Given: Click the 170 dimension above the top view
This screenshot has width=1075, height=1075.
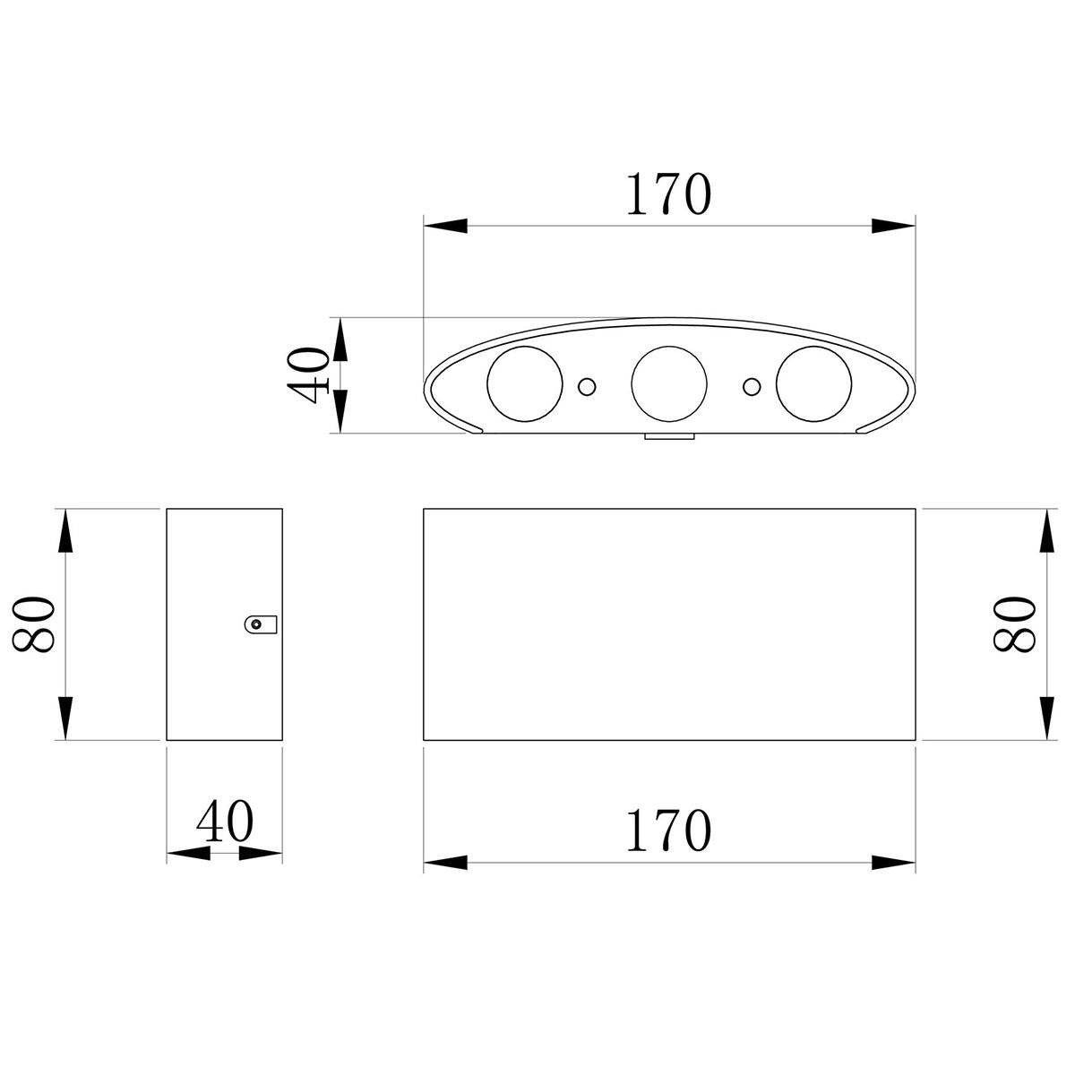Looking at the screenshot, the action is coord(669,193).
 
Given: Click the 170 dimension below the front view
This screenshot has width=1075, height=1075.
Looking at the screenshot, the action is coord(669,830).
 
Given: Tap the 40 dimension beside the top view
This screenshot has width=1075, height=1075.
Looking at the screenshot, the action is coord(307,374).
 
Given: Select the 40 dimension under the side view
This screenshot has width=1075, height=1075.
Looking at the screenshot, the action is coord(224,821).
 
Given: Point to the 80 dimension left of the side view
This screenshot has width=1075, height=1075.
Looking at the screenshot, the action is coord(33,624).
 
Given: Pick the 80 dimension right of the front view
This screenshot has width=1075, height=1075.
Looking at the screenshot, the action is coord(1014,624).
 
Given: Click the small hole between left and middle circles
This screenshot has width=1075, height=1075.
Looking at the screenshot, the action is coord(586,386).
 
